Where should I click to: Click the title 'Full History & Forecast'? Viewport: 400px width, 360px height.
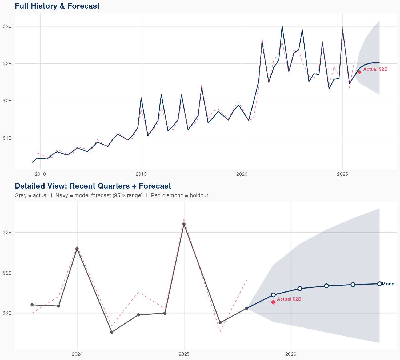[x=57, y=6]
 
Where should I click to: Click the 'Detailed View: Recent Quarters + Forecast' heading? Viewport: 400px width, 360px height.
[x=93, y=186]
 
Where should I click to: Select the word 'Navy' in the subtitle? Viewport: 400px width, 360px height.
[x=61, y=195]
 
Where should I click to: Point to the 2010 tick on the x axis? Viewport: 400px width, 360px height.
[x=40, y=174]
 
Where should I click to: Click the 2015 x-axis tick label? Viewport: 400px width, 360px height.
[x=141, y=174]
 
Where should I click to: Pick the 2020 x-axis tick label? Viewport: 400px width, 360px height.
[x=242, y=174]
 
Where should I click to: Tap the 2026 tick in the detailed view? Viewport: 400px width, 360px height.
[x=291, y=354]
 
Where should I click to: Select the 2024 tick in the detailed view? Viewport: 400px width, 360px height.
[x=77, y=354]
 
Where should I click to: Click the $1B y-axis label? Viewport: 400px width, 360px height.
[x=7, y=138]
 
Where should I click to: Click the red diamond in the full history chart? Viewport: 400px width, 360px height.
[x=359, y=72]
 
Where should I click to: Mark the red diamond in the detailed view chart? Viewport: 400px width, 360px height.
[x=273, y=302]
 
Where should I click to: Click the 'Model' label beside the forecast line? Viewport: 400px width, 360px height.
[x=389, y=284]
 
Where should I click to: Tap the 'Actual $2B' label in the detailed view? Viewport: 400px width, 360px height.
[x=289, y=299]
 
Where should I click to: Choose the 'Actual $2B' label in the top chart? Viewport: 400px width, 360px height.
[x=375, y=69]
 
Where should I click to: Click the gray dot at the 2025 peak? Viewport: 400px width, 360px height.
[x=184, y=224]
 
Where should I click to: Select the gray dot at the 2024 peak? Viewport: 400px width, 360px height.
[x=77, y=249]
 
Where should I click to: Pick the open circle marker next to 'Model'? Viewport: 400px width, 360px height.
[x=379, y=284]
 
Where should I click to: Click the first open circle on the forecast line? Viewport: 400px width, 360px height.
[x=273, y=295]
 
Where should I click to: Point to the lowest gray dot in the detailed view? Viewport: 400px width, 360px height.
[x=112, y=332]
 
